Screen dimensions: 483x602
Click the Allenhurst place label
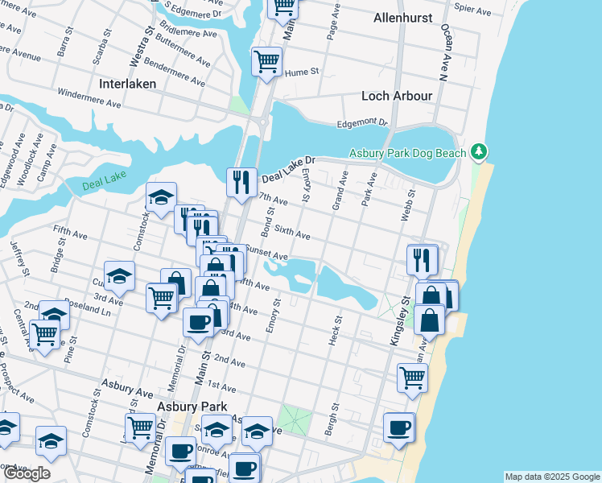click(x=403, y=18)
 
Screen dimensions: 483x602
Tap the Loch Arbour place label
click(x=397, y=96)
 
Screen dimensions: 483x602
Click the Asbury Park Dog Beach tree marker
click(x=479, y=151)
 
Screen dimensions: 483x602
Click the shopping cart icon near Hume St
click(x=266, y=61)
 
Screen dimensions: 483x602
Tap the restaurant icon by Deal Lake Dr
click(x=241, y=182)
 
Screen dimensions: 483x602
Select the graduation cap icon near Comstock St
click(x=161, y=196)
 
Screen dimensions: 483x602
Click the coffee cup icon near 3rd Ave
click(x=198, y=323)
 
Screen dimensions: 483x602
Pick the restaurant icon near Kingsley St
click(x=422, y=259)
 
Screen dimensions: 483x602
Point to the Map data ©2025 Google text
click(x=552, y=477)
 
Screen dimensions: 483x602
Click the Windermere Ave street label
click(x=89, y=100)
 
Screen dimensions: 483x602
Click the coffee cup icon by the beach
click(x=398, y=427)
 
